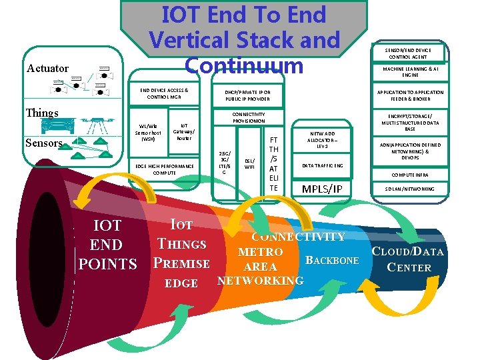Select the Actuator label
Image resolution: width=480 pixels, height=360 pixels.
48,68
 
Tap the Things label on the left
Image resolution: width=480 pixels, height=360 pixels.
41,113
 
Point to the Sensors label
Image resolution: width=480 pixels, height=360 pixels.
44,143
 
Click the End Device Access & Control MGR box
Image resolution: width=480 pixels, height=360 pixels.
163,93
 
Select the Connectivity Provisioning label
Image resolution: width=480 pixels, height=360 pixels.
249,117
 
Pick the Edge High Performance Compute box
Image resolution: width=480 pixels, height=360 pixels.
165,169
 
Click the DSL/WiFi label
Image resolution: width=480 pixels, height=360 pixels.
249,163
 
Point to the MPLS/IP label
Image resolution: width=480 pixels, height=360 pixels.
322,189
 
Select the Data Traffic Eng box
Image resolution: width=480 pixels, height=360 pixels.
323,165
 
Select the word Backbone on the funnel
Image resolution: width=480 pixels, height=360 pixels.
331,260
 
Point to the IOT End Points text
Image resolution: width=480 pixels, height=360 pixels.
107,245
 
